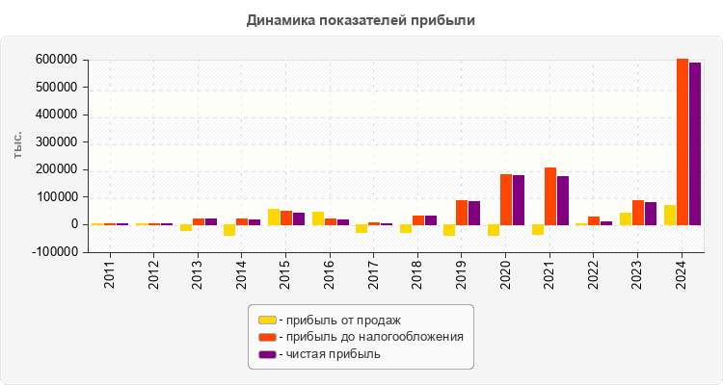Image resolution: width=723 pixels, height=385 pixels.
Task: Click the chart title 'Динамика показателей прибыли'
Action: point(361,19)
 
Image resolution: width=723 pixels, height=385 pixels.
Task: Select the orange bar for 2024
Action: point(683,141)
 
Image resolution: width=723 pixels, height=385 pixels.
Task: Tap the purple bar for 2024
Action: point(695,143)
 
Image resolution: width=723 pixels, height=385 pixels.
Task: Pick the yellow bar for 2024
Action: point(670,215)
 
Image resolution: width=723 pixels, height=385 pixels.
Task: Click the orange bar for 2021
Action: point(550,196)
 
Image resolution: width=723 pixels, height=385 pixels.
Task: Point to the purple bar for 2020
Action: point(519,200)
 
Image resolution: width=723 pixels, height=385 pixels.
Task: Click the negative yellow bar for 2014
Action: point(229,230)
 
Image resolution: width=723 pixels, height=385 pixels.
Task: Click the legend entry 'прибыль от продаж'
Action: point(338,320)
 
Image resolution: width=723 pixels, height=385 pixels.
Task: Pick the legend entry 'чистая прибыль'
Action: point(329,354)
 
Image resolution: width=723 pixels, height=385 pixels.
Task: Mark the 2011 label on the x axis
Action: point(110,275)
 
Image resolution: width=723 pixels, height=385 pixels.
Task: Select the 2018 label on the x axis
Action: point(417,275)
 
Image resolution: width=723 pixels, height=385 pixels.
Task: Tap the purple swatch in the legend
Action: point(267,354)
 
